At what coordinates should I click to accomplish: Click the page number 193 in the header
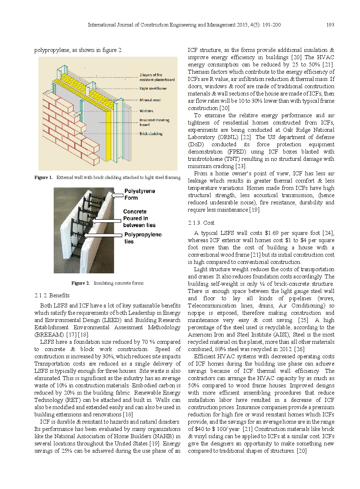tap(330, 25)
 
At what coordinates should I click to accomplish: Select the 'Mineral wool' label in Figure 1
tap(150, 100)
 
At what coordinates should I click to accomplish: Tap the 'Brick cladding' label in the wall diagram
tap(151, 134)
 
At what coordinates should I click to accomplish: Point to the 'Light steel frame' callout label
tap(153, 88)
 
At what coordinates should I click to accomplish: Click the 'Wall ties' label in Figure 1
tap(146, 111)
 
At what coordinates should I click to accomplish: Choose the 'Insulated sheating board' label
tap(154, 122)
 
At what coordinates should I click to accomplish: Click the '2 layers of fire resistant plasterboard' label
tap(157, 77)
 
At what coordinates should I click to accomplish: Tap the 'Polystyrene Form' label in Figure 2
tap(139, 194)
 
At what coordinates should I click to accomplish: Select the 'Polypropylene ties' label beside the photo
tap(143, 238)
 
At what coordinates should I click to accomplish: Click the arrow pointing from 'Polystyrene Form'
tap(118, 195)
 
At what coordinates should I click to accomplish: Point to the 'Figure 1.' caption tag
tap(43, 178)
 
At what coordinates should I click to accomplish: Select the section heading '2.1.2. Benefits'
tap(52, 296)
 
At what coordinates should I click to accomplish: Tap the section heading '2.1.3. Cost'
tap(201, 223)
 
